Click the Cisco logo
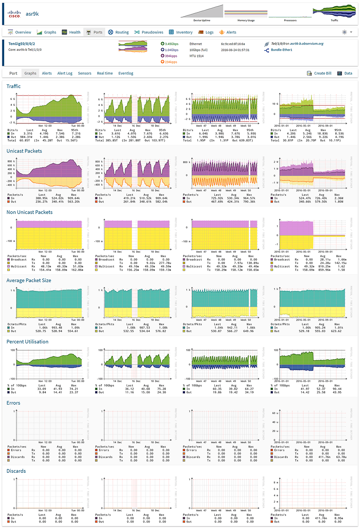[14, 14]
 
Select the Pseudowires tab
[149, 32]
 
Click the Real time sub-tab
[105, 73]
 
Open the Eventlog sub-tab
[126, 73]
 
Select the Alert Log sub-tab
[65, 73]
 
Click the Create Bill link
[319, 73]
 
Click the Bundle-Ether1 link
[282, 50]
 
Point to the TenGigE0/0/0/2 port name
[22, 44]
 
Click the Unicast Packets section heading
[24, 151]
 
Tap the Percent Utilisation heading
[28, 342]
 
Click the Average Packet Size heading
[29, 281]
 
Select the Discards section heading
[16, 471]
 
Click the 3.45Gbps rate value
[172, 44]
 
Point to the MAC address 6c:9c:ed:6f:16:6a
[233, 44]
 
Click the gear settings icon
[344, 32]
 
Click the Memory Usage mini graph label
[246, 21]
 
